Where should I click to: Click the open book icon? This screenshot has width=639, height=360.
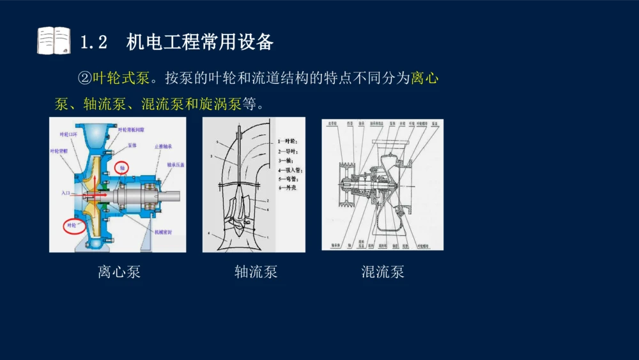click(54, 40)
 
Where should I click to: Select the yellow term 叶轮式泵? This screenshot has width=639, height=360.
click(121, 78)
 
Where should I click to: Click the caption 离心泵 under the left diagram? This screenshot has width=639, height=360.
click(119, 272)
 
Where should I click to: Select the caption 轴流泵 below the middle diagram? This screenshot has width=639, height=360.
click(256, 272)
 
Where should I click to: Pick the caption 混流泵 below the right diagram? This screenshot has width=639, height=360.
click(383, 272)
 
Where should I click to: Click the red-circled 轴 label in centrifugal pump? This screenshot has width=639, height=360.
click(121, 167)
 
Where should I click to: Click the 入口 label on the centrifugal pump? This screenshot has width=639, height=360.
click(66, 192)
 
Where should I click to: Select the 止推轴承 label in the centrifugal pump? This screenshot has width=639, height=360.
click(163, 146)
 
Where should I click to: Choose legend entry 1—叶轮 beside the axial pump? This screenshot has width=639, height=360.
click(288, 140)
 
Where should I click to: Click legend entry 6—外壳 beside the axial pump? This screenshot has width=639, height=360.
click(288, 189)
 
